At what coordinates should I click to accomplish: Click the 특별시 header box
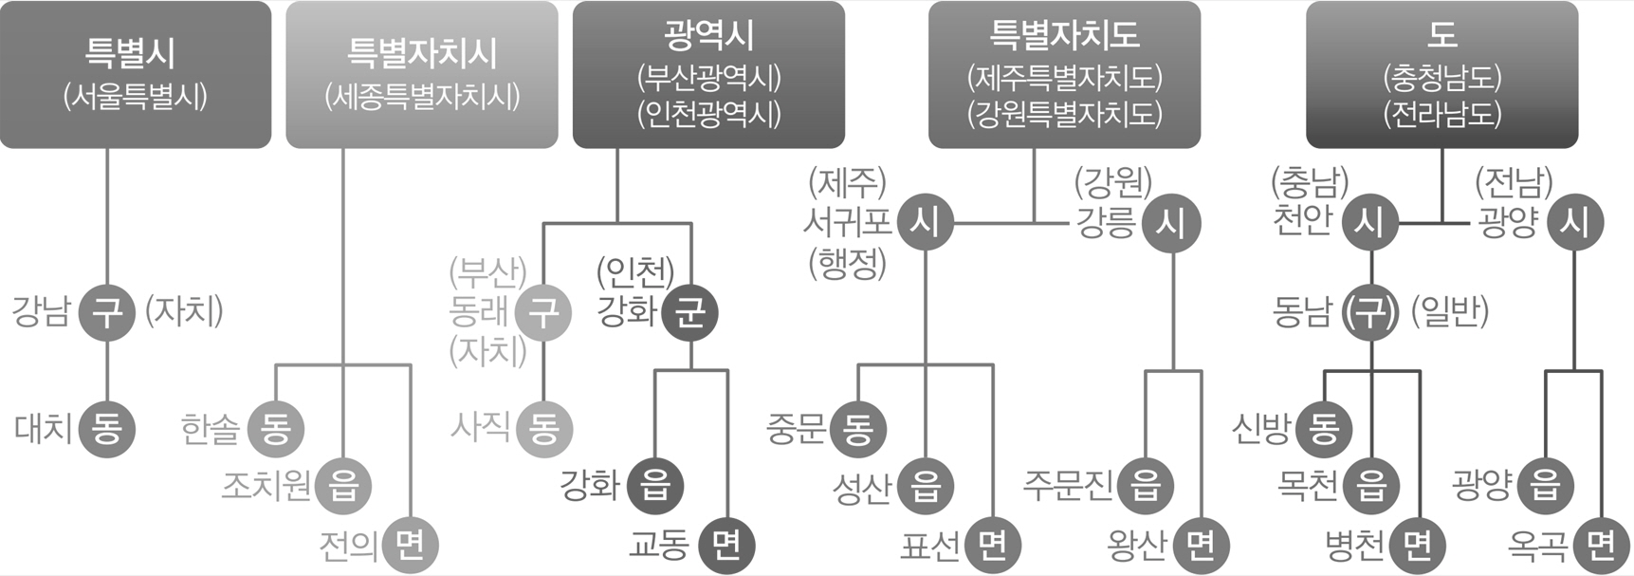click(x=136, y=74)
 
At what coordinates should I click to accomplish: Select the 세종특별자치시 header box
click(x=422, y=74)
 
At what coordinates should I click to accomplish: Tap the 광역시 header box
click(x=708, y=74)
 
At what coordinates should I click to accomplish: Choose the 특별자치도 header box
click(x=1064, y=74)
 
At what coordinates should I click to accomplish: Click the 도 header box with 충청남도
click(x=1441, y=74)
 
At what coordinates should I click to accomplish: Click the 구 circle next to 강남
click(x=107, y=312)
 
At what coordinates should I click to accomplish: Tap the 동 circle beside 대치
click(x=107, y=429)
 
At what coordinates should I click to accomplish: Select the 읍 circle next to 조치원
click(x=343, y=487)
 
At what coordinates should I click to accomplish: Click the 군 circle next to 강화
click(x=690, y=312)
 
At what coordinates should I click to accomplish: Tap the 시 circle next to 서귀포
click(x=925, y=222)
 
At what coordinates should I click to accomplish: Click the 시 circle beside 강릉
click(x=1171, y=222)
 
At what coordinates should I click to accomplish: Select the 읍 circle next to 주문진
click(x=1146, y=487)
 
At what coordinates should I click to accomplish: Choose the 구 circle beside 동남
click(x=1371, y=312)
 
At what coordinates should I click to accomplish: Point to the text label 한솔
click(x=210, y=429)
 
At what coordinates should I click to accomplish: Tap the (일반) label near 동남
click(x=1450, y=311)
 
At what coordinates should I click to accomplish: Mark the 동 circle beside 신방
click(x=1324, y=429)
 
